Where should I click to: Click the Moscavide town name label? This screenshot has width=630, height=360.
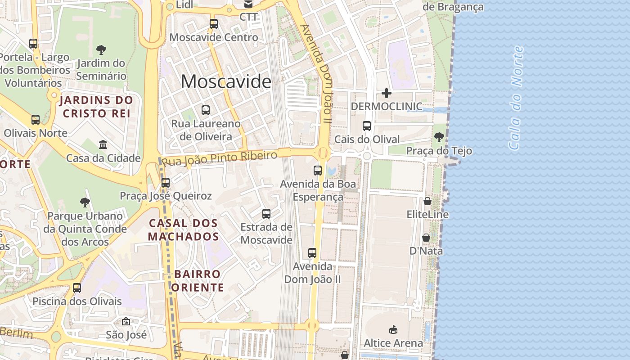[226, 81]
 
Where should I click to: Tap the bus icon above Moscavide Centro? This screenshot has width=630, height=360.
[214, 24]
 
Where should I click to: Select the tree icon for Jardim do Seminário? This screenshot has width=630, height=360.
[101, 49]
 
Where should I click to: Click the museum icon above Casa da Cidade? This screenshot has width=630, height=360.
[103, 145]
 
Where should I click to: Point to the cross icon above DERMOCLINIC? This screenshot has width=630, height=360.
[387, 93]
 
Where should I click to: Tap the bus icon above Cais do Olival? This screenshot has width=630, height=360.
[367, 126]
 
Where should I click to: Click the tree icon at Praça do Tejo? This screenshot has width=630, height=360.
[439, 137]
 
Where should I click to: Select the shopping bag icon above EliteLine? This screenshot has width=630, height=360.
[427, 201]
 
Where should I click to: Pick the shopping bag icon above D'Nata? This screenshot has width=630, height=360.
[426, 237]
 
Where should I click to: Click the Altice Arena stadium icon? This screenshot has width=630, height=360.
[393, 330]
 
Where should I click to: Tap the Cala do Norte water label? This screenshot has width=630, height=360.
[516, 98]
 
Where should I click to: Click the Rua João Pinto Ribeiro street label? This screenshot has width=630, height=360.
[219, 158]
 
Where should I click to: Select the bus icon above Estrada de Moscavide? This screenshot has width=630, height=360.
[266, 213]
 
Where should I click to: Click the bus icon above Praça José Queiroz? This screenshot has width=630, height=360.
[166, 183]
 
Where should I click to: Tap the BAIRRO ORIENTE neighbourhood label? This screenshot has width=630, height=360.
[198, 280]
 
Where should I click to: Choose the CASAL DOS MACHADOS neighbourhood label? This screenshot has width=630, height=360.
[183, 229]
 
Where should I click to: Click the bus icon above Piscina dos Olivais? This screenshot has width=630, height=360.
[77, 288]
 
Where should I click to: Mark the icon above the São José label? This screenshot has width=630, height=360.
[126, 322]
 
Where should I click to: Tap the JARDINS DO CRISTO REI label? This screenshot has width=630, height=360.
[96, 107]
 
